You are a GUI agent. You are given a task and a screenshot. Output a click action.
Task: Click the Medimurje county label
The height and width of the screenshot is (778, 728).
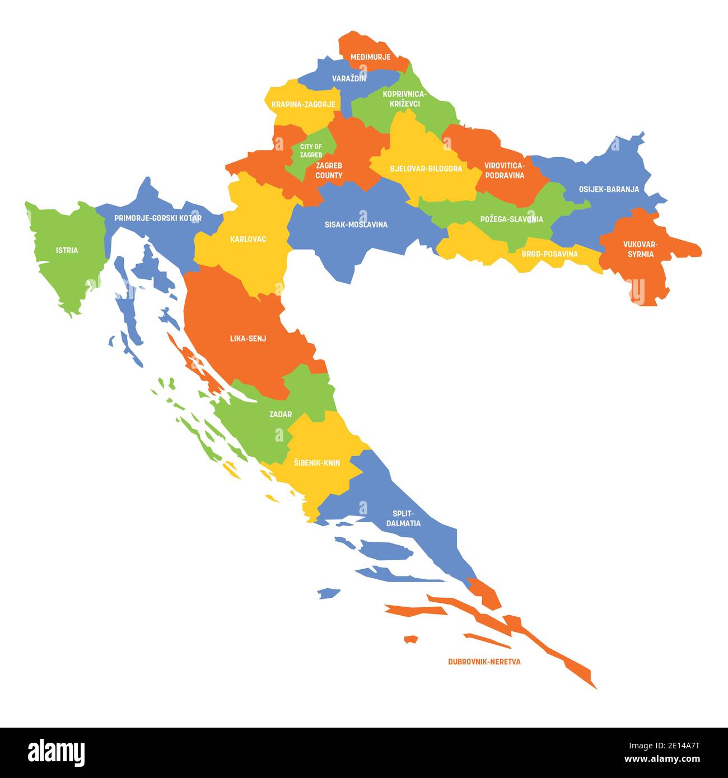click(x=370, y=57)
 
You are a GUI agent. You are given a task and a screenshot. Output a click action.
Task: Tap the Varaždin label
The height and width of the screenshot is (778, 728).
click(x=349, y=79)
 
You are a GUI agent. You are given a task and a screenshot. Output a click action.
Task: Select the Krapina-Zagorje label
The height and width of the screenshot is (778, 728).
click(x=303, y=105)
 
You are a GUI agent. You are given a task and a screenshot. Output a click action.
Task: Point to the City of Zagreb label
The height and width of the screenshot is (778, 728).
click(x=311, y=151)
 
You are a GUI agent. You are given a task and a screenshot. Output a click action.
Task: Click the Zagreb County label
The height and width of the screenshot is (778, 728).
click(x=329, y=171)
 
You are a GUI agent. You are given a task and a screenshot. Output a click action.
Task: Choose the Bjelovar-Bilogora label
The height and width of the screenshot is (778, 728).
click(x=426, y=168)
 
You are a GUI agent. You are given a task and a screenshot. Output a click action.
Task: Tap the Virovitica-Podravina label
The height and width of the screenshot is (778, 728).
click(x=505, y=171)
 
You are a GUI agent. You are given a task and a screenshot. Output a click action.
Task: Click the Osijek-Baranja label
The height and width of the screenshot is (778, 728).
click(x=609, y=189)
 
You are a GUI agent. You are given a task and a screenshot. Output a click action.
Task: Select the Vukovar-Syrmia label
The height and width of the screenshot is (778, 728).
click(x=641, y=249)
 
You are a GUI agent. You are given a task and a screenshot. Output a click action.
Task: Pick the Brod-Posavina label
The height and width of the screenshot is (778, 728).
click(x=549, y=254)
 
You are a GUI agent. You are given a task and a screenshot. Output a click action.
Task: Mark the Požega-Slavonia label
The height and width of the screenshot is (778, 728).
click(x=511, y=219)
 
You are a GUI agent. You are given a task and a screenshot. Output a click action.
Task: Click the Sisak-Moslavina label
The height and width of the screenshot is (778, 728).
click(x=356, y=225)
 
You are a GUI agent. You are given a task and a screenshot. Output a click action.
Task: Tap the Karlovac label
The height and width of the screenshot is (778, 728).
click(x=248, y=240)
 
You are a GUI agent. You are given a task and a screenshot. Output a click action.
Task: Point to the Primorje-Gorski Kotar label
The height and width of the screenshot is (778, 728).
click(x=158, y=218)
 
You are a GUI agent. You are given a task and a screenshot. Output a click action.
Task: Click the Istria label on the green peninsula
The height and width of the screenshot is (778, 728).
click(x=67, y=250)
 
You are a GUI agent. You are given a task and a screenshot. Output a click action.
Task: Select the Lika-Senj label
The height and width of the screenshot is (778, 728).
click(x=248, y=339)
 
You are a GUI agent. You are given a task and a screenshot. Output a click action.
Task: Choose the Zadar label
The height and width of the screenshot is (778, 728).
click(x=280, y=414)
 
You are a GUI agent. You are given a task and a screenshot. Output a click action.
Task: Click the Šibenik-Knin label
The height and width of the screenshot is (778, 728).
click(x=316, y=463)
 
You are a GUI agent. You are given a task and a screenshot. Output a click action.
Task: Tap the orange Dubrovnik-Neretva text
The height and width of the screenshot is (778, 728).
click(x=484, y=662)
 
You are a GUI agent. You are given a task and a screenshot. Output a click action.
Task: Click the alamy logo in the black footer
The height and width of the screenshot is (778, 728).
click(x=57, y=752)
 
